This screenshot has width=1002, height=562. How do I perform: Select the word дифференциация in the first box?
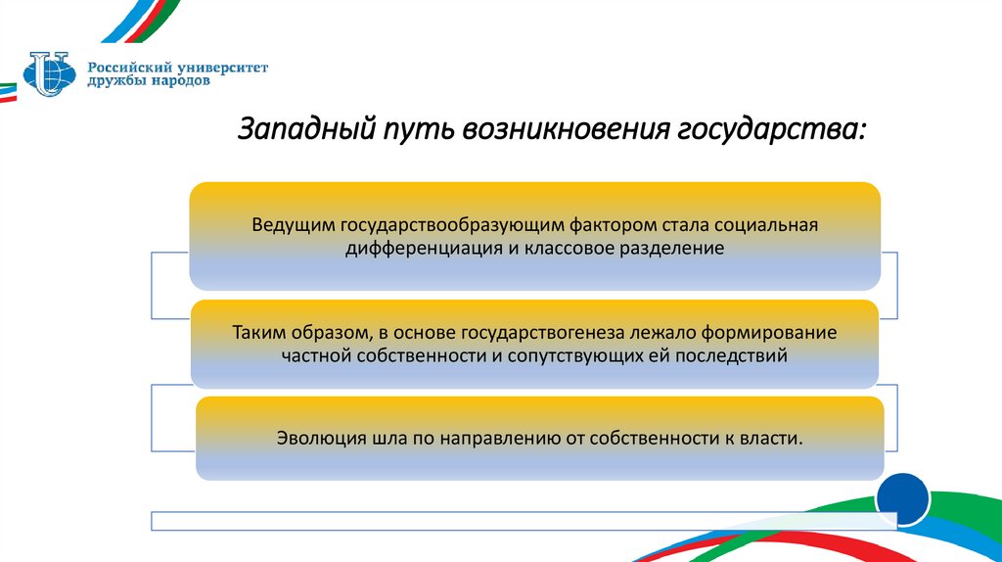(423, 249)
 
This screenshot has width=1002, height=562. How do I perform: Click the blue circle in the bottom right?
(902, 500)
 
